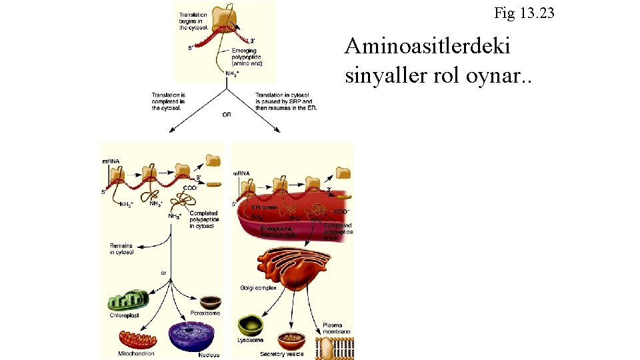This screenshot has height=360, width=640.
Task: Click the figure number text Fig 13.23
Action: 523,13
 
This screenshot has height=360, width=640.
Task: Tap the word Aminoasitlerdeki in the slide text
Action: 427,46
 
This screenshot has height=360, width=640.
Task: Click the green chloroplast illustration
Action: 129,300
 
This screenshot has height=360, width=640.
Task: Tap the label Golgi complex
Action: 257,288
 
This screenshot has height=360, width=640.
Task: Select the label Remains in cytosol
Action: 121,249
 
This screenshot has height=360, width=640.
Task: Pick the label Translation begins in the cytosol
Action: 194,21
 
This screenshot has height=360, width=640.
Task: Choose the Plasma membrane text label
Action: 337,328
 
